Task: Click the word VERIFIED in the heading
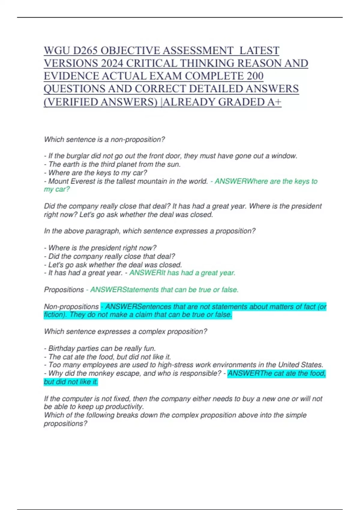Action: (x=73, y=102)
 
